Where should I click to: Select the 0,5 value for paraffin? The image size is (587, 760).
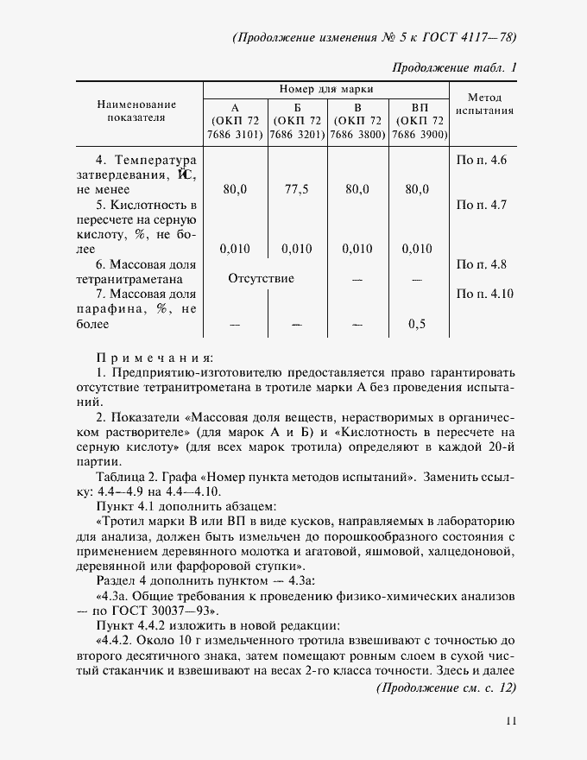pos(417,324)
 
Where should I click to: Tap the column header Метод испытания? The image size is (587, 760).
pos(484,104)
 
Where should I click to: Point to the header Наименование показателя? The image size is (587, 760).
pos(136,110)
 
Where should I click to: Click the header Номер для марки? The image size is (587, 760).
pos(326,89)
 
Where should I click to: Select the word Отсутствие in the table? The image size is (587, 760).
pos(261,278)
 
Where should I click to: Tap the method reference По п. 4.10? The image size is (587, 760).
pos(483,294)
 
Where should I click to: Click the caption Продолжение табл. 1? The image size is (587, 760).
pos(455,67)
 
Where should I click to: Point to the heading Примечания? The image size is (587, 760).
pos(155,356)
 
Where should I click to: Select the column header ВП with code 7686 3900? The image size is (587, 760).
pos(419,121)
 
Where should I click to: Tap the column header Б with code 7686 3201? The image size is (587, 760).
pos(296,121)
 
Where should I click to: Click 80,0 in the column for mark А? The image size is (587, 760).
pos(235,189)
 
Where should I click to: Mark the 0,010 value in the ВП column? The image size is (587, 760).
pos(417,249)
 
